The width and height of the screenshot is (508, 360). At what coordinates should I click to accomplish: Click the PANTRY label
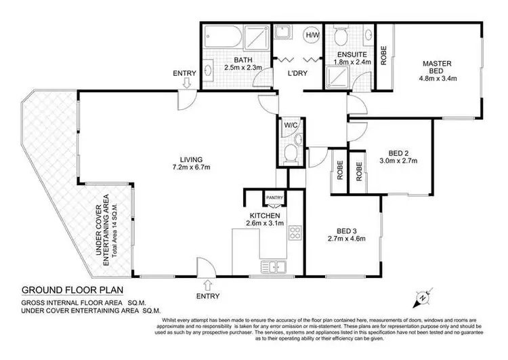[x=274, y=197]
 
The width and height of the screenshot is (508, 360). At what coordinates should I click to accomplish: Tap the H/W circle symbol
[x=313, y=35]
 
